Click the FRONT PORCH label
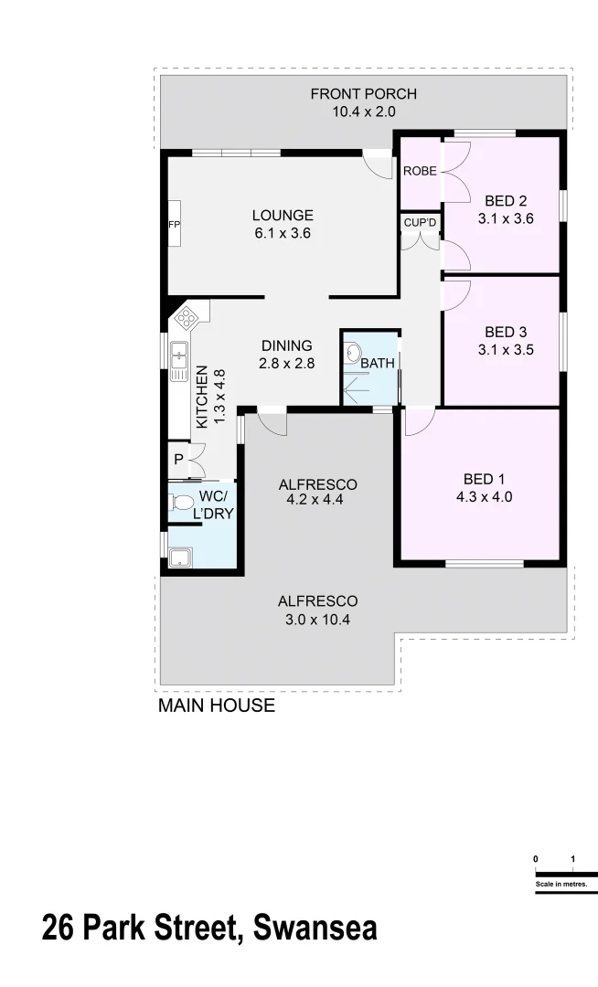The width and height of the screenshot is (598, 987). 363,94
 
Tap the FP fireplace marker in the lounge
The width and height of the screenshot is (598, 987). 173,224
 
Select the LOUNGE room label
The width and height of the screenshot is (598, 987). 283,216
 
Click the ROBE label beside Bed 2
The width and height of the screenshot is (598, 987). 420,171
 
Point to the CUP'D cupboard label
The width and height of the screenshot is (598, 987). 421,223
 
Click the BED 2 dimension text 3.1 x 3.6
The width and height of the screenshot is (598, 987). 505,218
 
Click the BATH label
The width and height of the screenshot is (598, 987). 378,363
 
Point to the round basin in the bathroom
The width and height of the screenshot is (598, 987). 354,351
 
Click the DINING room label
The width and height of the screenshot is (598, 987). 286,345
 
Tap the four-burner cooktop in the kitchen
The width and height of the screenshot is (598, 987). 186,318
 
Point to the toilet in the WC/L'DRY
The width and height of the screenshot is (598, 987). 179,502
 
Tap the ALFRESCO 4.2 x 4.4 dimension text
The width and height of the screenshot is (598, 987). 317,500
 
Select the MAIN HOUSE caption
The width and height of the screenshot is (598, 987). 217,706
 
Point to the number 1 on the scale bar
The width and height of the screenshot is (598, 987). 572,859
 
